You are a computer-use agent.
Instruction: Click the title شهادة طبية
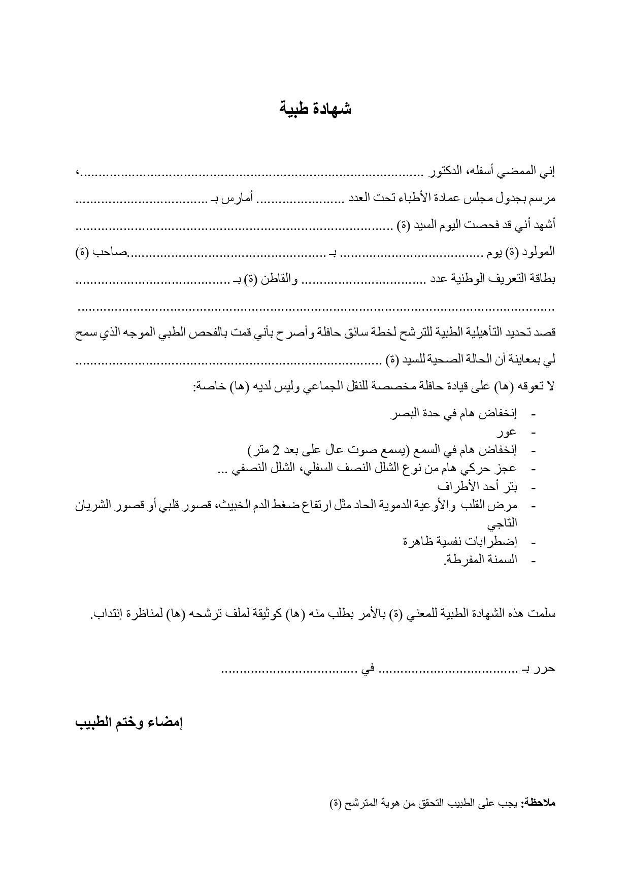[x=315, y=110]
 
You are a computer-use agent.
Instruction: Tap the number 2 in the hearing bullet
[x=276, y=450]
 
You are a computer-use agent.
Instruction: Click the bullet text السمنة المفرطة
[x=480, y=559]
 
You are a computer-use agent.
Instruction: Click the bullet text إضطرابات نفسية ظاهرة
[x=459, y=541]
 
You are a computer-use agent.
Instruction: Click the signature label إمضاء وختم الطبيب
[x=129, y=722]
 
